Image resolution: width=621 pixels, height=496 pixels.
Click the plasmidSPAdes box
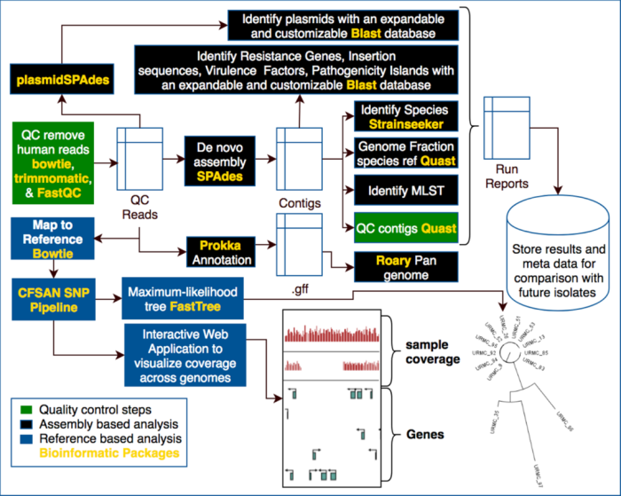coord(61,81)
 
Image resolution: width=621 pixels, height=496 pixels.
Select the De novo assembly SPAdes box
coord(214,161)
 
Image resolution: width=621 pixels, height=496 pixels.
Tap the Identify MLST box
coord(406,189)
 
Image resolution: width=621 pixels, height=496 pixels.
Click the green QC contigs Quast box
coord(406,228)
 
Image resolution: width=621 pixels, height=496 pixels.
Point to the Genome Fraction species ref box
coord(406,153)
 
